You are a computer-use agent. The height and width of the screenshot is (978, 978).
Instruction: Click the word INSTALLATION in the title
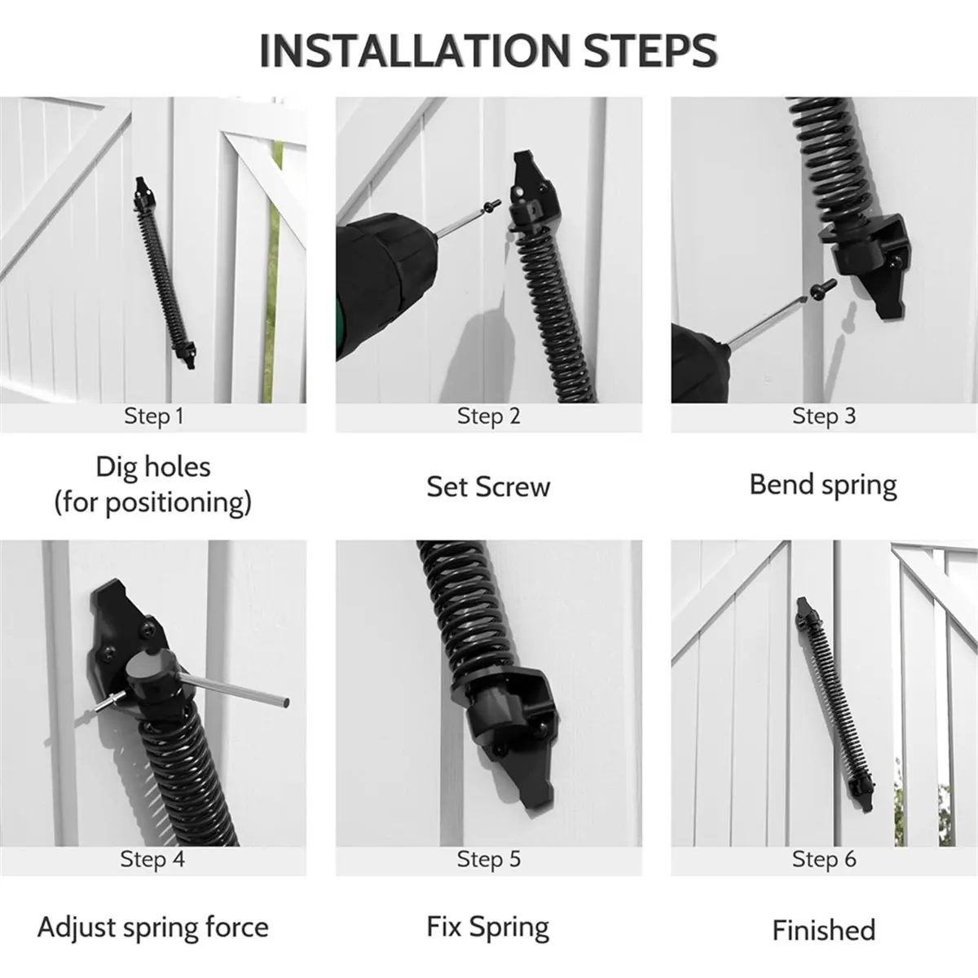click(x=416, y=51)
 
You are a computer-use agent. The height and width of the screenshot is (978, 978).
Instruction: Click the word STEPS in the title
click(x=650, y=51)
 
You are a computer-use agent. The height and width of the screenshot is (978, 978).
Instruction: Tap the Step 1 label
click(x=154, y=416)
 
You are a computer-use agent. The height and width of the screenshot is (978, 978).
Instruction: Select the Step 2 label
click(x=489, y=416)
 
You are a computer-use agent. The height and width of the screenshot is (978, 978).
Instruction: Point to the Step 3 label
click(x=824, y=416)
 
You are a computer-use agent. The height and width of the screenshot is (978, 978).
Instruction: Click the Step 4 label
click(x=152, y=860)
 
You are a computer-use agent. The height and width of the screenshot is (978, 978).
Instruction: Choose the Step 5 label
click(x=489, y=860)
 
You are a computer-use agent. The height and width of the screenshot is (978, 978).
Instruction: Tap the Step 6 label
click(x=824, y=860)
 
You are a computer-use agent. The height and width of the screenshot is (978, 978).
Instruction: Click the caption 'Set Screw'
click(x=488, y=487)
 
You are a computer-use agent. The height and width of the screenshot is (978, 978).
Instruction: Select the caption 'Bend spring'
click(x=823, y=486)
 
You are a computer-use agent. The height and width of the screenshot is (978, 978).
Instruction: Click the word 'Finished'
click(x=824, y=930)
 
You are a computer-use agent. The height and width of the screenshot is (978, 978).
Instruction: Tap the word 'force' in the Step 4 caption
click(x=237, y=927)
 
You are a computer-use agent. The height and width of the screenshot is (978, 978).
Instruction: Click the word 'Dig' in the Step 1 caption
click(x=110, y=467)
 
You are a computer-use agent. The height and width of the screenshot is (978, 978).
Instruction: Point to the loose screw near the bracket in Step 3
click(x=822, y=289)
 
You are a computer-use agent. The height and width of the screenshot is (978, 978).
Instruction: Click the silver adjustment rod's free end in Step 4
click(x=286, y=703)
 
